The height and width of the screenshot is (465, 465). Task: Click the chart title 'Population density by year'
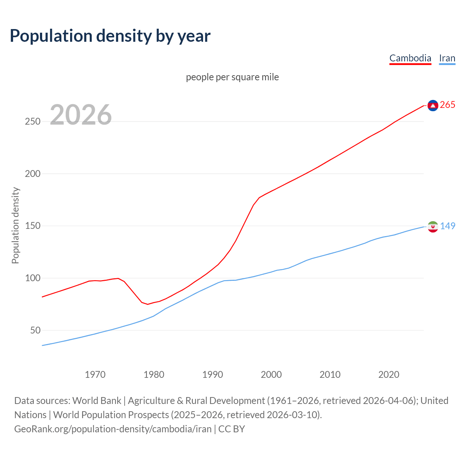(110, 36)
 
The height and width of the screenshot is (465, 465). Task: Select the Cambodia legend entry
(410, 58)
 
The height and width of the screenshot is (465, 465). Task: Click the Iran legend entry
(447, 58)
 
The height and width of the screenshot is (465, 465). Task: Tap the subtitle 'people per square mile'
(232, 77)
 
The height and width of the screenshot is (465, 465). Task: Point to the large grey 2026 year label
(81, 115)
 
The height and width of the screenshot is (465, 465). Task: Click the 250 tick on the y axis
(32, 121)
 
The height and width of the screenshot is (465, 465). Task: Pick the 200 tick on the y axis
(32, 174)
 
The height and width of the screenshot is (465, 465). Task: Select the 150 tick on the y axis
(32, 226)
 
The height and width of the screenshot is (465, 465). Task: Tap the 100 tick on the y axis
(32, 278)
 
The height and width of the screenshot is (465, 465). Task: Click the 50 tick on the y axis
(35, 331)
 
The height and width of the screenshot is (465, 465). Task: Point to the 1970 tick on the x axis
(95, 375)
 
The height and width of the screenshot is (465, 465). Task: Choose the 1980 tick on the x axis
(154, 375)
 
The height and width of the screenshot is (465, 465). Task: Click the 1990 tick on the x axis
(213, 375)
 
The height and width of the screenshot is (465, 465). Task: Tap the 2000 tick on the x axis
(271, 375)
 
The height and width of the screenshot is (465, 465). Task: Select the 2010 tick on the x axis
(330, 375)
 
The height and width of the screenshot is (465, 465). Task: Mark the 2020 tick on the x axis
(389, 375)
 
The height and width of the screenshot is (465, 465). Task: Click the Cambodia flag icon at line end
(433, 105)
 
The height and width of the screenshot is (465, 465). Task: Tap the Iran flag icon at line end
(433, 227)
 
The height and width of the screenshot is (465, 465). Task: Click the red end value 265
(448, 105)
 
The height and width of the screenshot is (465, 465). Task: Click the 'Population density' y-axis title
(15, 225)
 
